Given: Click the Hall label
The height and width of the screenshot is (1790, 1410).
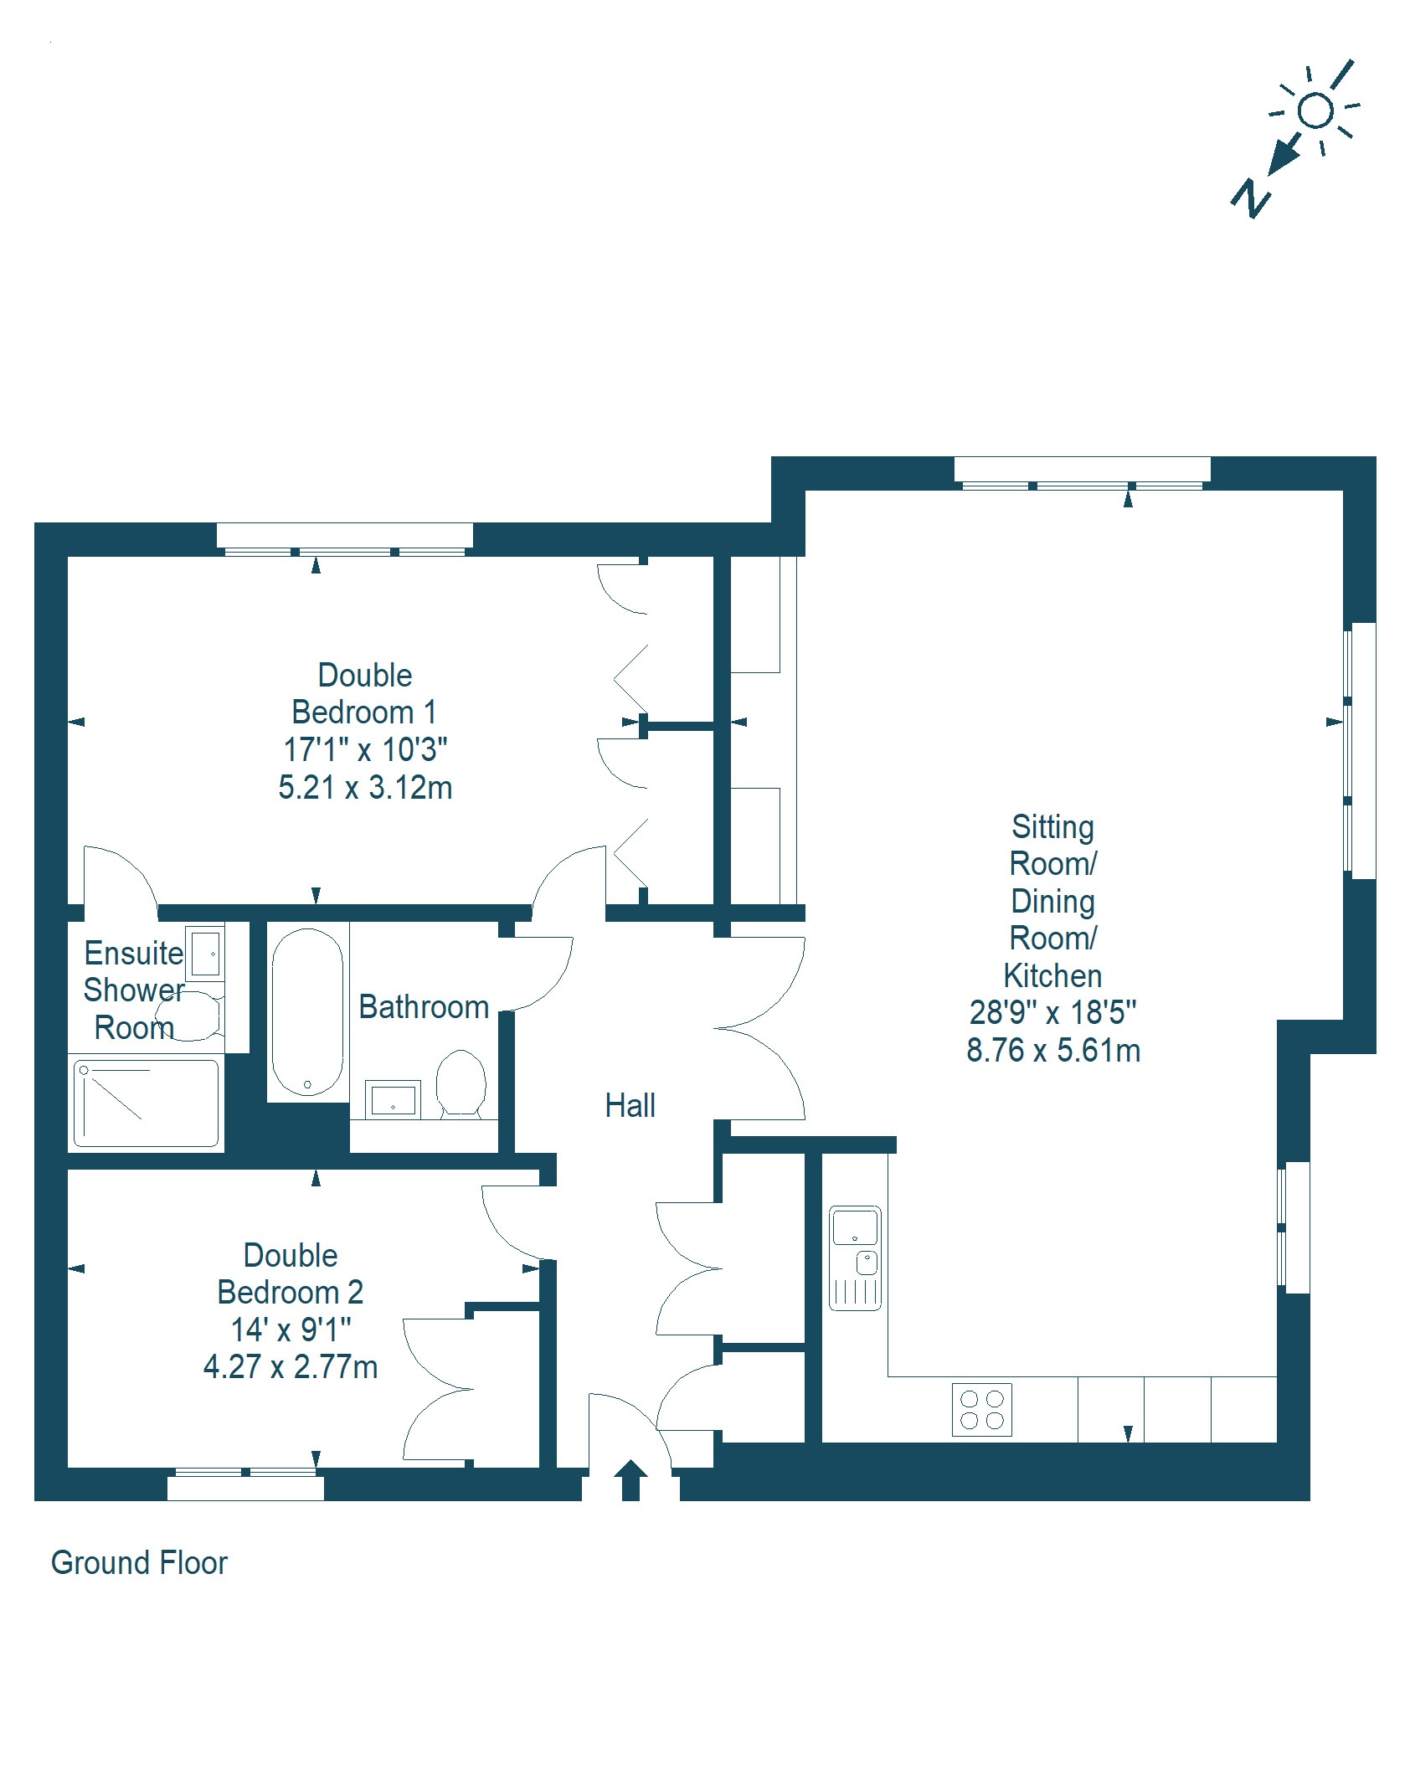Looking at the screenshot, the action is (x=630, y=1105).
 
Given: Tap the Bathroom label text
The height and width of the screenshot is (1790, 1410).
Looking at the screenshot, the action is (x=424, y=1006).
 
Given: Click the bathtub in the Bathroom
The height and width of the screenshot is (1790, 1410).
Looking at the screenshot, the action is (x=307, y=1011).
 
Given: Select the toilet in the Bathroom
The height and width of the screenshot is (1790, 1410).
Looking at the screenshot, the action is (x=461, y=1083).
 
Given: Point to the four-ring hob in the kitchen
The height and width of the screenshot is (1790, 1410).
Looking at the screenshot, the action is (x=982, y=1410).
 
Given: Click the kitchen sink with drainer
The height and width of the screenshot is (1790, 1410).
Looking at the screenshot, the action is (x=855, y=1258).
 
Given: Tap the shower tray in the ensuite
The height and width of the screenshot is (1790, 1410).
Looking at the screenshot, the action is (x=147, y=1103).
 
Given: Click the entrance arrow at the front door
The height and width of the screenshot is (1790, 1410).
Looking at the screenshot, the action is (x=630, y=1480).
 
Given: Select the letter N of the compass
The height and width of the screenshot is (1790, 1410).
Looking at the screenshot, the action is (x=1251, y=198).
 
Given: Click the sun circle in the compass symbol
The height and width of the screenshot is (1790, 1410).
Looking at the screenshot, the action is (x=1315, y=111).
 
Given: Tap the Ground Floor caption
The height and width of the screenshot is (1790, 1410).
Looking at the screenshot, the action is (x=139, y=1562).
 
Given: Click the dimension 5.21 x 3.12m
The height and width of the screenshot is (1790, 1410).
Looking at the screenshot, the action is (x=365, y=787).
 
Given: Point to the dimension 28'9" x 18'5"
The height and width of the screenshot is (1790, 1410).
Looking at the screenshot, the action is (x=1052, y=1012).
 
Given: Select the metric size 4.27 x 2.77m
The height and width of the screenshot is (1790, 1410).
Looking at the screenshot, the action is (x=291, y=1366).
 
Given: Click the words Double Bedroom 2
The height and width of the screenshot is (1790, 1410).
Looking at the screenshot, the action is (x=291, y=1273).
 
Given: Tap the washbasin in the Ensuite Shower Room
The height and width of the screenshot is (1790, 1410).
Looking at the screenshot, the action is (x=205, y=953).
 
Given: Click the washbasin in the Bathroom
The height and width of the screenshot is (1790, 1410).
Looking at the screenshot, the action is (x=393, y=1099).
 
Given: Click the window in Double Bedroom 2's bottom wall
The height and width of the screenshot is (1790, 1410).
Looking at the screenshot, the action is (x=245, y=1484).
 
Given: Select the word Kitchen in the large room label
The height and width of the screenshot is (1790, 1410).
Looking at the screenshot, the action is (x=1052, y=975).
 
